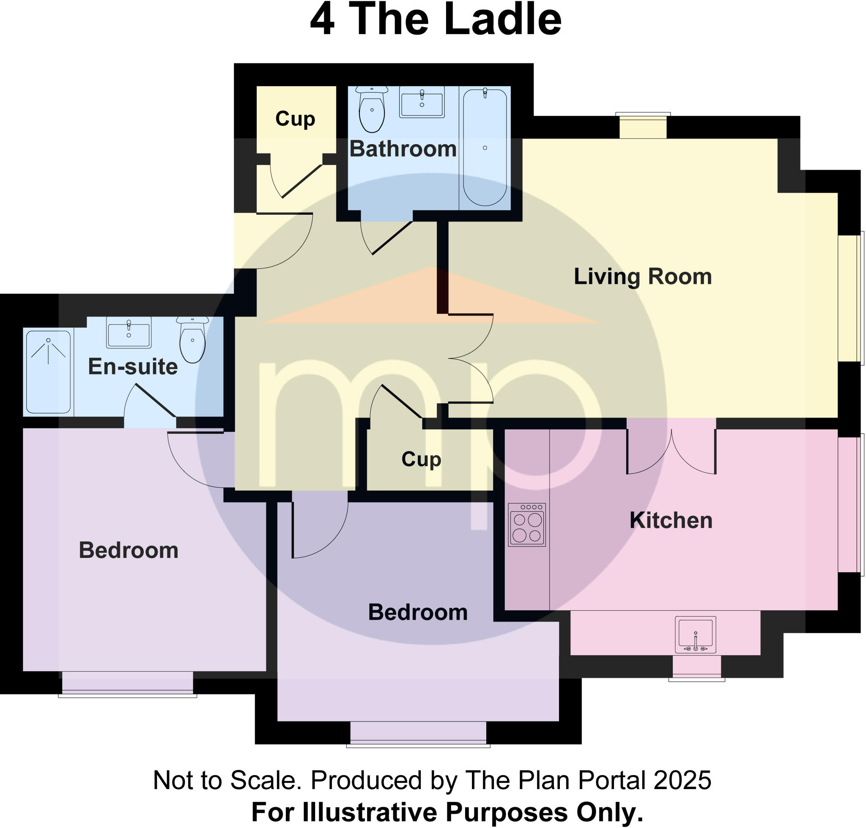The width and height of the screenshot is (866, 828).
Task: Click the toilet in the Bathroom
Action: (371, 110)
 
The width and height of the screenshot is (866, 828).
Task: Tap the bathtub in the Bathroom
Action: (485, 148)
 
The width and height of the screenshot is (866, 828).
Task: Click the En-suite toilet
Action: (192, 340)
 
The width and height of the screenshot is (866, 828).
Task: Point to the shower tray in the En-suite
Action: (48, 372)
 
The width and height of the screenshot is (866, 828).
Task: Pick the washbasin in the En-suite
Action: (129, 333)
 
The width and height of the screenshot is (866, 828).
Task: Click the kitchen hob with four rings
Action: (526, 525)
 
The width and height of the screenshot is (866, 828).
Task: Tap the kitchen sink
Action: (695, 635)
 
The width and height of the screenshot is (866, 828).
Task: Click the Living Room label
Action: (642, 277)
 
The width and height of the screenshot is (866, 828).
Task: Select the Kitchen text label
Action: (670, 520)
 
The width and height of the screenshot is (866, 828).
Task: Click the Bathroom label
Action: (403, 149)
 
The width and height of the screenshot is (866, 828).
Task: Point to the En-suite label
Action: (132, 366)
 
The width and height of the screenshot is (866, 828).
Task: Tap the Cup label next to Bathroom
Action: (295, 119)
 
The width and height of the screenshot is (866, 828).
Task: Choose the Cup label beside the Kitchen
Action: (421, 459)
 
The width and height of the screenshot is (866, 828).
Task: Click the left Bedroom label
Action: (129, 550)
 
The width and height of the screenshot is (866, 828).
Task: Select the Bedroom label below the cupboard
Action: (417, 612)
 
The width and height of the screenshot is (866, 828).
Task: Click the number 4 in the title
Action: (322, 20)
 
